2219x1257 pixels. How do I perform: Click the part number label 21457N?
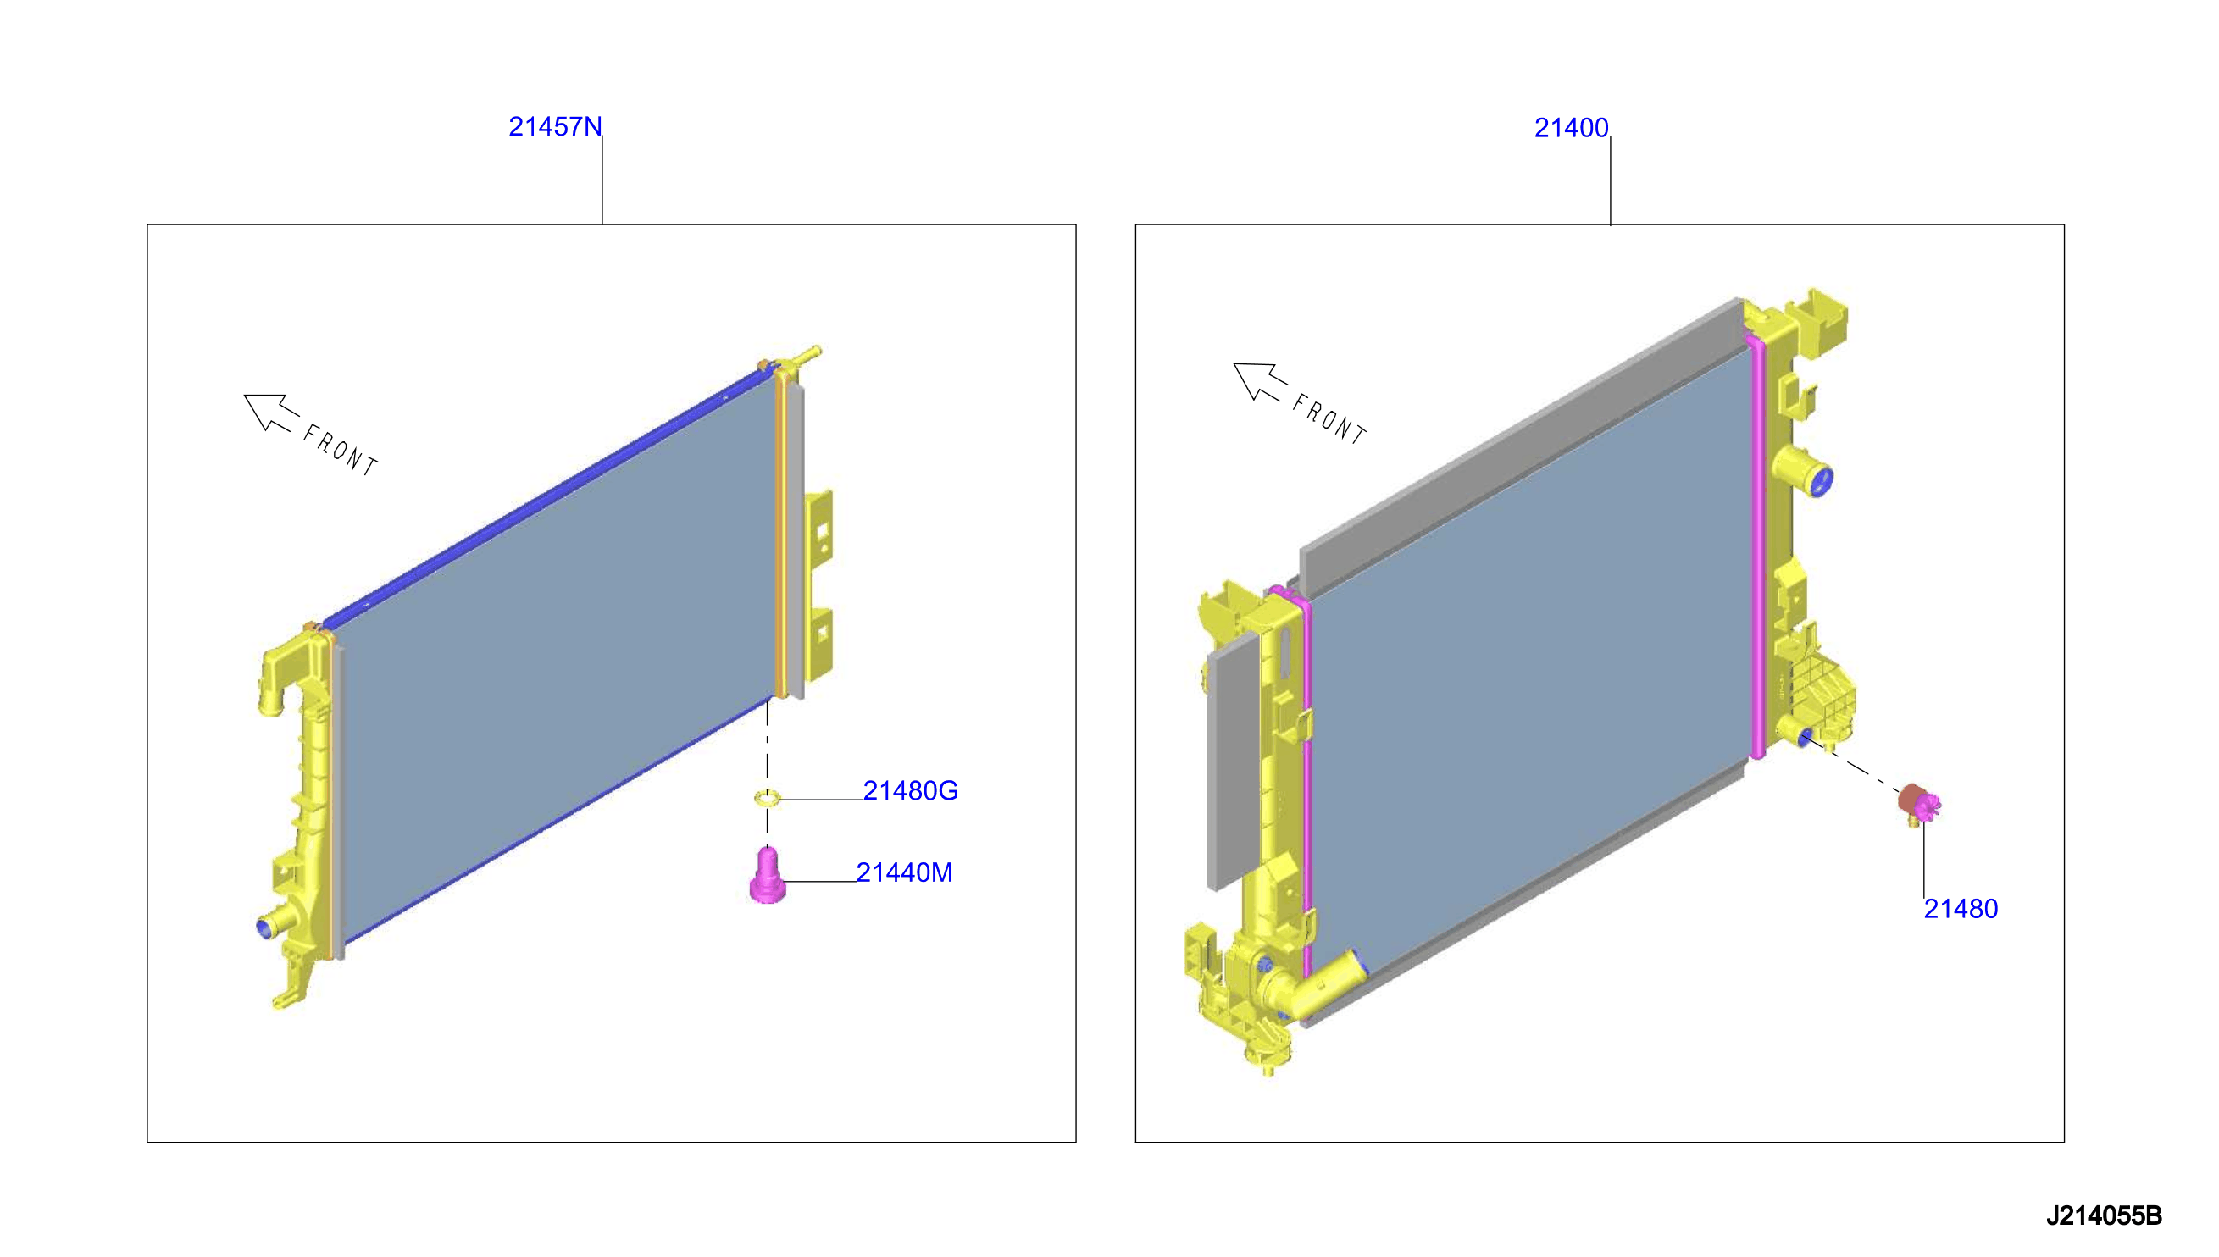[x=554, y=127]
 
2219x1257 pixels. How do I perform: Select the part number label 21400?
[x=1571, y=128]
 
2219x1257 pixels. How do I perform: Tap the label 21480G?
[x=910, y=790]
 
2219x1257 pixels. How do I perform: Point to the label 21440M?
[x=904, y=872]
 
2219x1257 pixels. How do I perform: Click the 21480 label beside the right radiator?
[x=1960, y=908]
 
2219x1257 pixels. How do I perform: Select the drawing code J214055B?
[x=2103, y=1215]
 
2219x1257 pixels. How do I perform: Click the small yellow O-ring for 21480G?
[x=767, y=798]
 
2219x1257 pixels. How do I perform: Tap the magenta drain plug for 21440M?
[x=768, y=876]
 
